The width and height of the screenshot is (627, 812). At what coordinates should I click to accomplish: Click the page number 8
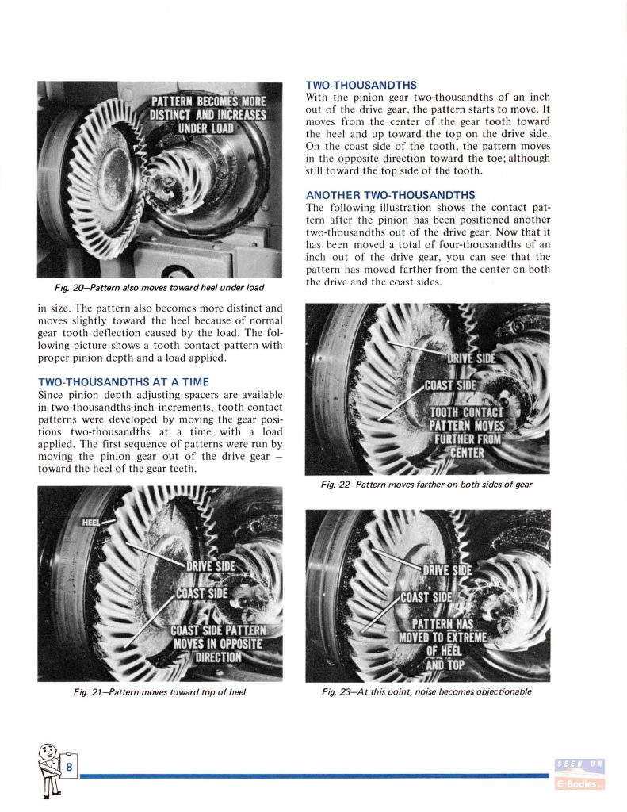pyautogui.click(x=70, y=767)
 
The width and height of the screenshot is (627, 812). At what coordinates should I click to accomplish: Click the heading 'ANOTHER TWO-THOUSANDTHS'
pyautogui.click(x=390, y=195)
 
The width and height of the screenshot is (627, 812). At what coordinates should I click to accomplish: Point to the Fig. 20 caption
pyautogui.click(x=157, y=286)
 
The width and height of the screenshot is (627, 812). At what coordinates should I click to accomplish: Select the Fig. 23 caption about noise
pyautogui.click(x=426, y=691)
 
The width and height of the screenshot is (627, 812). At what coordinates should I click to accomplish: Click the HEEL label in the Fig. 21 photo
pyautogui.click(x=92, y=522)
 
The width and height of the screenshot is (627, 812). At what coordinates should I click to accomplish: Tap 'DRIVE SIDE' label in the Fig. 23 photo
pyautogui.click(x=446, y=570)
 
